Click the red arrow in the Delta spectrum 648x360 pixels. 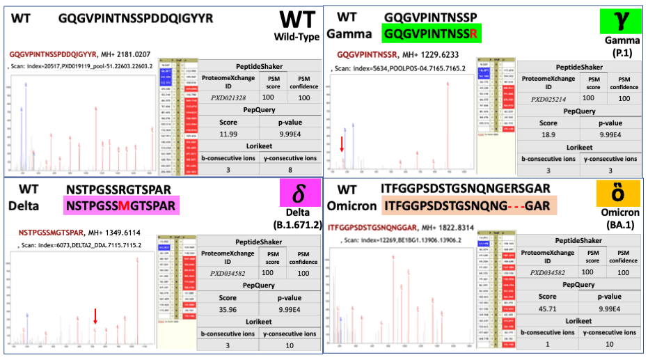point(95,316)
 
